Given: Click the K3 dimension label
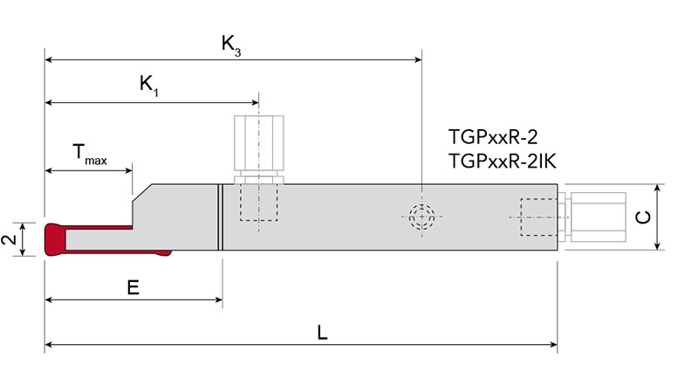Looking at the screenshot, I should coord(231,46).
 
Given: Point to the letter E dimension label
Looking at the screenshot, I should coord(133,286).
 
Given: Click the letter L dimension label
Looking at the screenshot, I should coord(323,333).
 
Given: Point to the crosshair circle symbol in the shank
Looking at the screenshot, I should coord(421,216).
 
